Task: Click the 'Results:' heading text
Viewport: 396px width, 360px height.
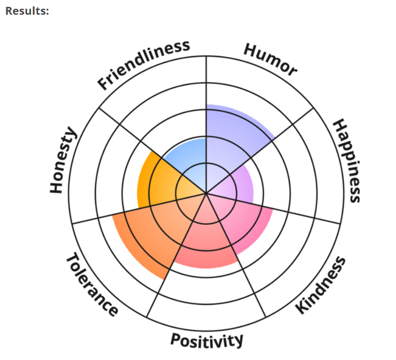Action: coord(27,10)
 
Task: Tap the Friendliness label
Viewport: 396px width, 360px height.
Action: coord(143,64)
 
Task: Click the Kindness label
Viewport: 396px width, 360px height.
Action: coord(321,285)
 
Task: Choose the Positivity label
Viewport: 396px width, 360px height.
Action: coord(206,340)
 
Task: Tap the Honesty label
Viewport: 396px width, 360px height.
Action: coord(63,160)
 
